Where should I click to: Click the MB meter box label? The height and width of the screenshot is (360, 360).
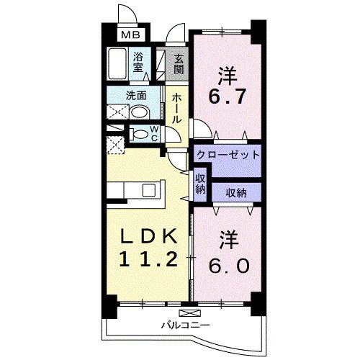(130, 34)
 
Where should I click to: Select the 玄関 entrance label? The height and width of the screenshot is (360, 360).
(178, 61)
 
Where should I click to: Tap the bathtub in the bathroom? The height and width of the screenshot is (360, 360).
(117, 63)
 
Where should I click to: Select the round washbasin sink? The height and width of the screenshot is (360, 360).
(140, 112)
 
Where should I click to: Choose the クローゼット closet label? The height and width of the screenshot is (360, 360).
(227, 155)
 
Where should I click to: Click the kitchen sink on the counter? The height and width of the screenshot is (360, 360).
(149, 190)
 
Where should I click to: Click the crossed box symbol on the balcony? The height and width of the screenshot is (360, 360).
(188, 313)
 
